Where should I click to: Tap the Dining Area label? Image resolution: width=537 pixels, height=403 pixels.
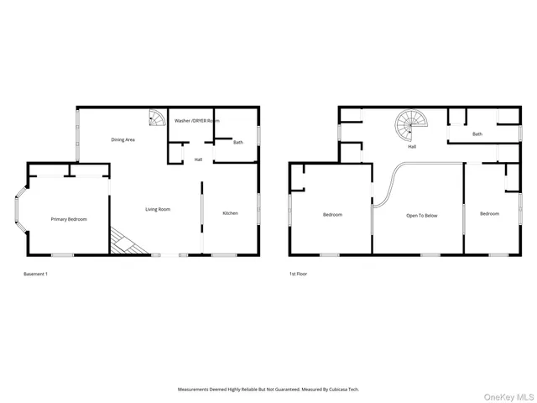123,139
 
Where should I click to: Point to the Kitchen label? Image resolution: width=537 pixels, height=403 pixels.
230,213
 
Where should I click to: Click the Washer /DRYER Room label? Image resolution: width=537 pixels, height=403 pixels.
196,121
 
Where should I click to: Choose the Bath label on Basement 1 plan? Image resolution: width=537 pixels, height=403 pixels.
238,142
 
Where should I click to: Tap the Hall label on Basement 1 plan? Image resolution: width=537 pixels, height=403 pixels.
198,160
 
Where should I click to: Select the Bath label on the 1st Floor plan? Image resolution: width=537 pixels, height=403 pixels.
477,134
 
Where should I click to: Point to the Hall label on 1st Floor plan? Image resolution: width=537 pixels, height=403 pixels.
412,147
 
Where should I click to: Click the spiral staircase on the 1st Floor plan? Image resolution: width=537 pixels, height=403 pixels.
411,126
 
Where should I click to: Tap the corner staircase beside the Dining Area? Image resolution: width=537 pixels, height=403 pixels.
156,118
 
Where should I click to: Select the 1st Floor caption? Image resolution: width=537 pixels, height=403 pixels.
299,274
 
